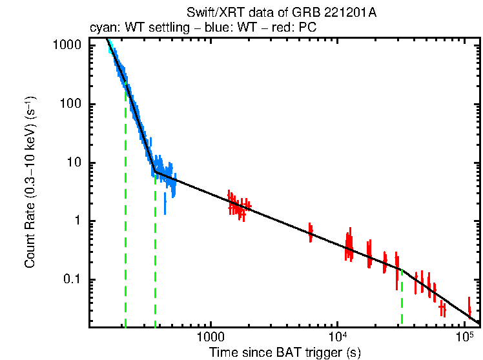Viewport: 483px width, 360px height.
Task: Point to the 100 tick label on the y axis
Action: pos(71,105)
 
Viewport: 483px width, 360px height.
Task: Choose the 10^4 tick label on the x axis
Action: pos(336,337)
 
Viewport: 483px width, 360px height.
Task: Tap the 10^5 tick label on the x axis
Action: pos(464,337)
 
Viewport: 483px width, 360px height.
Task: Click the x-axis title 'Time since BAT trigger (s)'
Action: pos(284,352)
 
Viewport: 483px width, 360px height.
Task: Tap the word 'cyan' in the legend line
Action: pos(101,28)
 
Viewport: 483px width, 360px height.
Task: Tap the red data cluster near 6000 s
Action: pos(311,232)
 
